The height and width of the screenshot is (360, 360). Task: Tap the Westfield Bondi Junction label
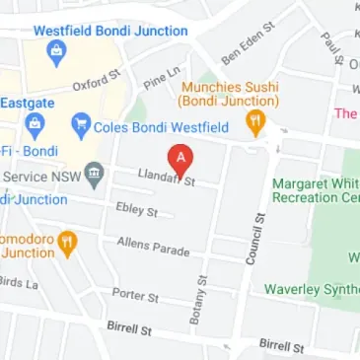pos(110,31)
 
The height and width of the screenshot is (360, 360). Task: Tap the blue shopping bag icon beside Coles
pos(80,125)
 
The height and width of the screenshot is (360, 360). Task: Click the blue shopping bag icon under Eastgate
pos(35,125)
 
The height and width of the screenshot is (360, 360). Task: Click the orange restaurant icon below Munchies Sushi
pos(255,124)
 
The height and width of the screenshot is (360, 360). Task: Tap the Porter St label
pos(134,294)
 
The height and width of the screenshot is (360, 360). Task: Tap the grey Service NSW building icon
pos(94,175)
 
